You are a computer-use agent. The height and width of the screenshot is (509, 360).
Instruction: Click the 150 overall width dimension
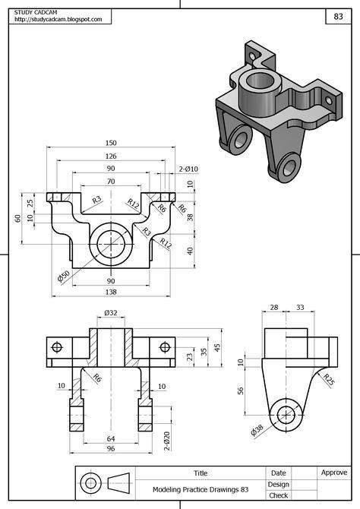111,143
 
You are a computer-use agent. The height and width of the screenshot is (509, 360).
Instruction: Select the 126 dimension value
111,156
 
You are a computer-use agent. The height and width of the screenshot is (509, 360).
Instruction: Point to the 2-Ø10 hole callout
188,169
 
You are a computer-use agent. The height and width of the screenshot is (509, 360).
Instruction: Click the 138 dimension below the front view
111,292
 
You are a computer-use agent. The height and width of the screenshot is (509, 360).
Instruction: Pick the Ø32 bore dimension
111,313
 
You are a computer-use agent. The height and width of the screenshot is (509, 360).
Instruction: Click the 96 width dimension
111,450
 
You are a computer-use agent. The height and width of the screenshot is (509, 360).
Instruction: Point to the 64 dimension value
111,438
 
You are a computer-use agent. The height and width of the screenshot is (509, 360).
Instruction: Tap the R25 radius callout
328,379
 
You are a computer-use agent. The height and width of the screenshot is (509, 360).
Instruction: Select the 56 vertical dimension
241,390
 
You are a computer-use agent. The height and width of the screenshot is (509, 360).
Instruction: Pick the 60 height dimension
17,218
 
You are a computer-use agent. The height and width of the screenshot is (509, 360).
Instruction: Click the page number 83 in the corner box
337,16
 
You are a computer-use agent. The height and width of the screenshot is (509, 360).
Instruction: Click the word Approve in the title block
333,473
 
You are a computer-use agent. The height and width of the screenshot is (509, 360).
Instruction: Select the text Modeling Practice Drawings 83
201,489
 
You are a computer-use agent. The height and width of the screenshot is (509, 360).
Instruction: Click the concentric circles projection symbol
91,483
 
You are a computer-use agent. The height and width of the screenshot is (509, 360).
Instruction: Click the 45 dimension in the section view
216,347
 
